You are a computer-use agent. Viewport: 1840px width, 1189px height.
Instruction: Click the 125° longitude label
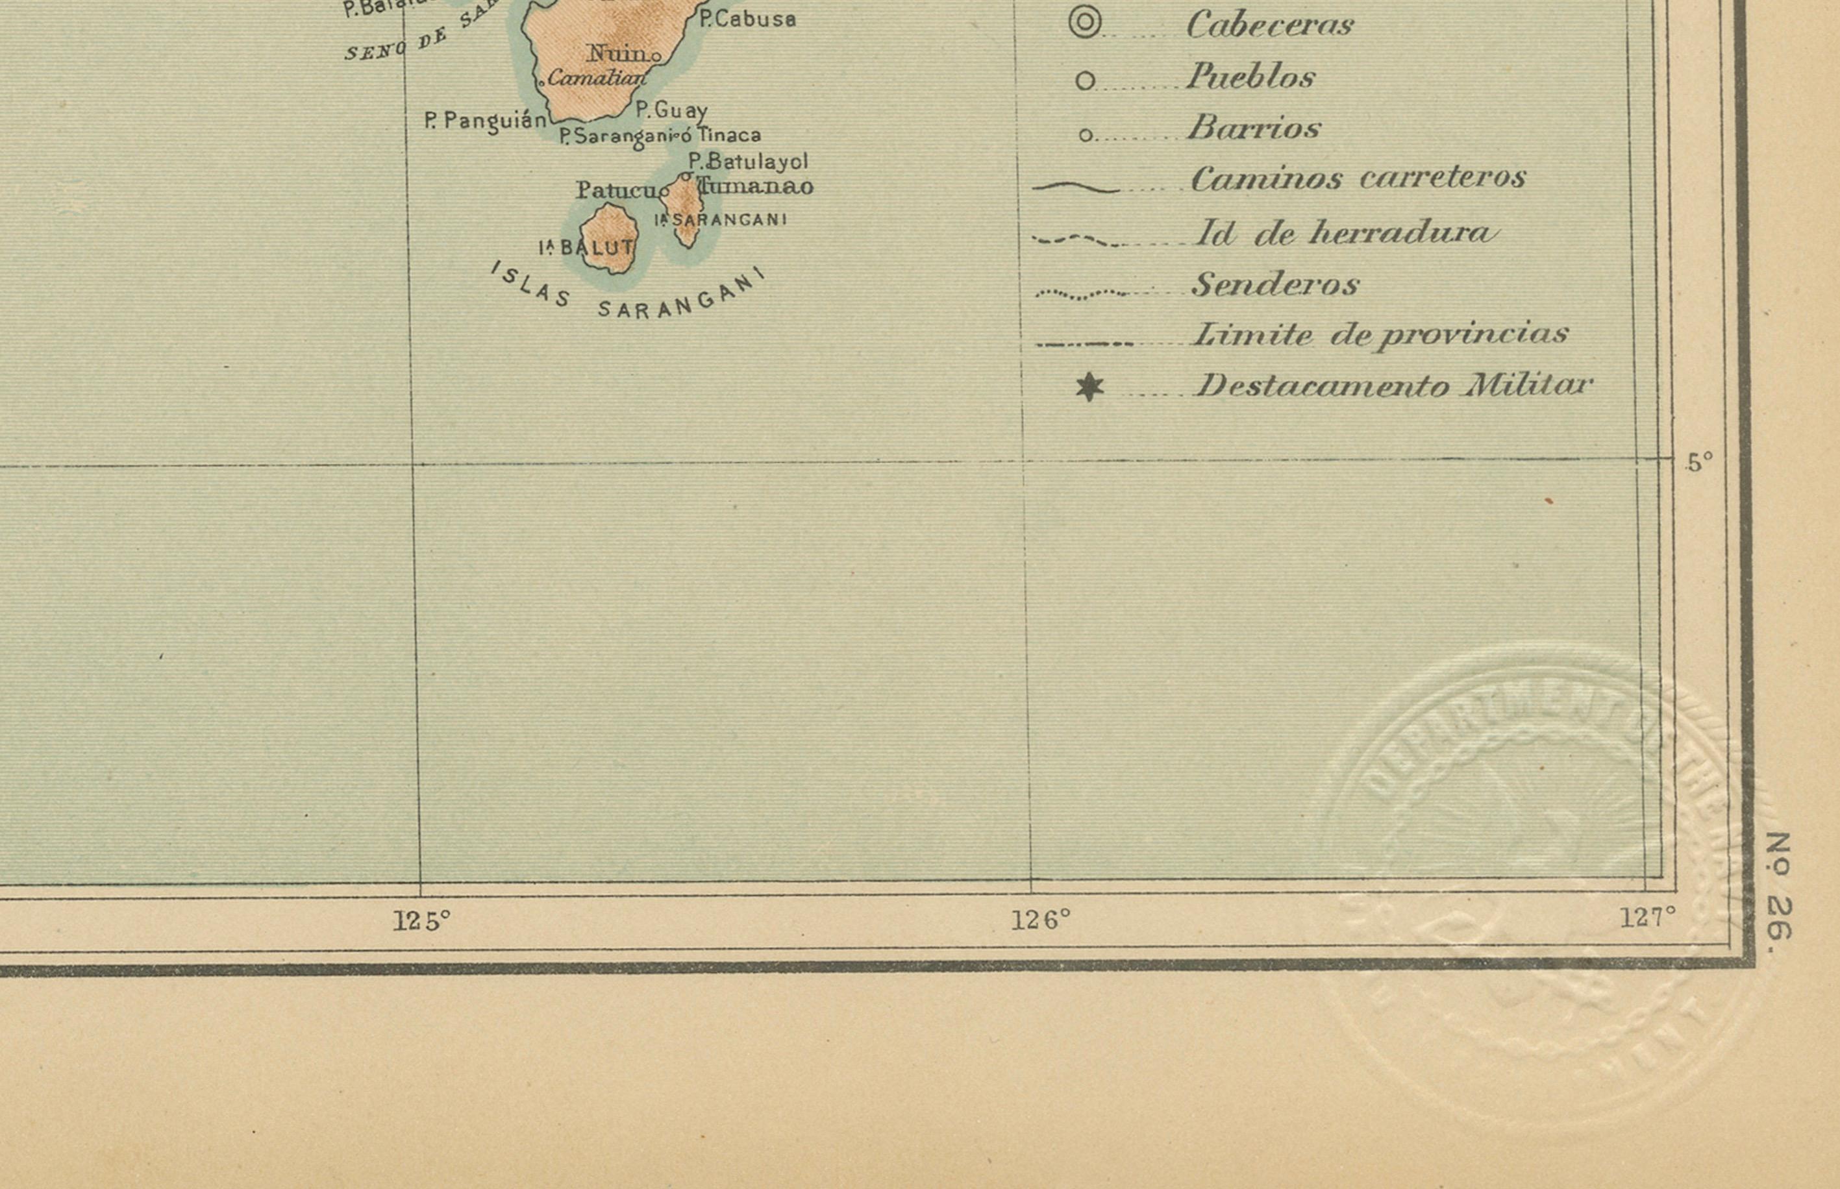(x=421, y=920)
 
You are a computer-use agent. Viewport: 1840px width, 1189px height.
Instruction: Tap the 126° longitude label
(x=1041, y=919)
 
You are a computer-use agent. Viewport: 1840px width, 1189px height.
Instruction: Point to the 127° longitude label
(x=1648, y=917)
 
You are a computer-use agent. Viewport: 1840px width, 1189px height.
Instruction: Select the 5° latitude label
(x=1698, y=463)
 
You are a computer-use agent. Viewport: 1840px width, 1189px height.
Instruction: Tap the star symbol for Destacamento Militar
(x=1089, y=387)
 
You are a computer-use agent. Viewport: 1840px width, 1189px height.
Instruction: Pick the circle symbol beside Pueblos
(x=1085, y=80)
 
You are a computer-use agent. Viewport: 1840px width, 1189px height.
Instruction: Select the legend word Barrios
(x=1254, y=127)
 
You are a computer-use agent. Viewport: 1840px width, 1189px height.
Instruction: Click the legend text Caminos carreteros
(x=1358, y=178)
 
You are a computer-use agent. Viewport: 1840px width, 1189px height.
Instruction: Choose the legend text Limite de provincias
(x=1380, y=335)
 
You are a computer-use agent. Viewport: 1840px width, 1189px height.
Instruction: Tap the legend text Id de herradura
(x=1346, y=233)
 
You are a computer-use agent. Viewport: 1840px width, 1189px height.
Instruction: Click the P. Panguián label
(x=486, y=121)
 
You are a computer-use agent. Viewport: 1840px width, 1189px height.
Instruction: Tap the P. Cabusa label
(x=747, y=19)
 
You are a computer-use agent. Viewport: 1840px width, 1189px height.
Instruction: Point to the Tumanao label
(x=756, y=187)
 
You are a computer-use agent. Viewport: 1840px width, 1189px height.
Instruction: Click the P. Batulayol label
(x=748, y=162)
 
